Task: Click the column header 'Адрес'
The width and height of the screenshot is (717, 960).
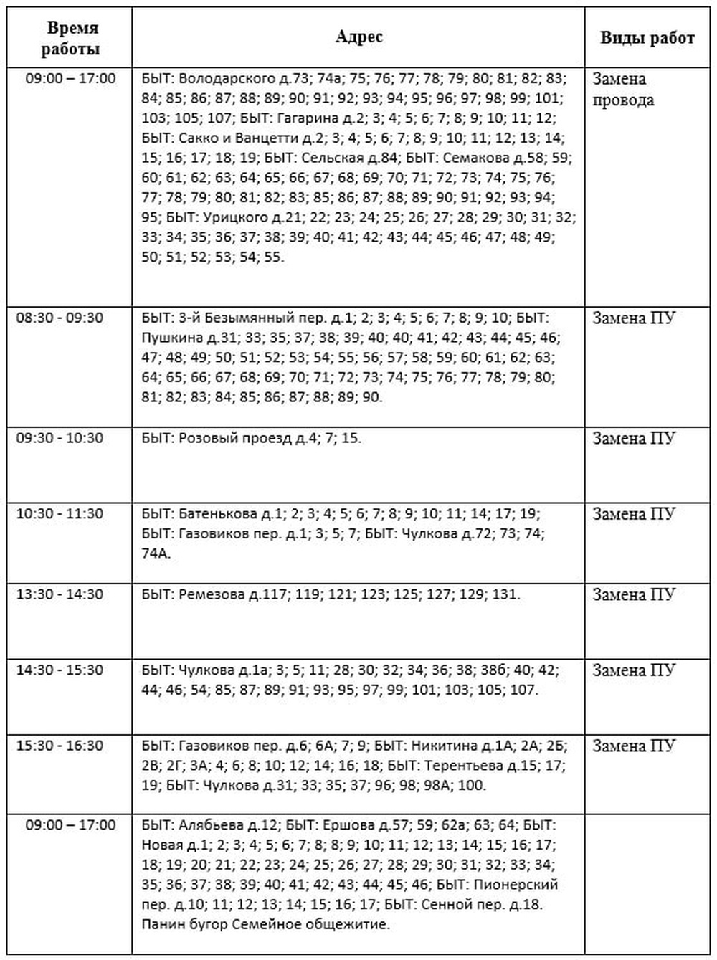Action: tap(358, 37)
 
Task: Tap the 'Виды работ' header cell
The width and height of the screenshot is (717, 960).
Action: tap(647, 39)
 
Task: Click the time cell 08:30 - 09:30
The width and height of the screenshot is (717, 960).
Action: tap(60, 318)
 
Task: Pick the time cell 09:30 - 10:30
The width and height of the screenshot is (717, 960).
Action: tap(60, 438)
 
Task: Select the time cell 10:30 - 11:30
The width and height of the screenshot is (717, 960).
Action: tap(60, 514)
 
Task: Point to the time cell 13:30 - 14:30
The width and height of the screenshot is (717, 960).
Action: tap(60, 594)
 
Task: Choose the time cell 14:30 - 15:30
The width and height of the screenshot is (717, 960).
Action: tap(60, 670)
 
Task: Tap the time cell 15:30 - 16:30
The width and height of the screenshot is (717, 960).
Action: tap(60, 746)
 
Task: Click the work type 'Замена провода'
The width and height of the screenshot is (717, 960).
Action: tap(622, 89)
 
